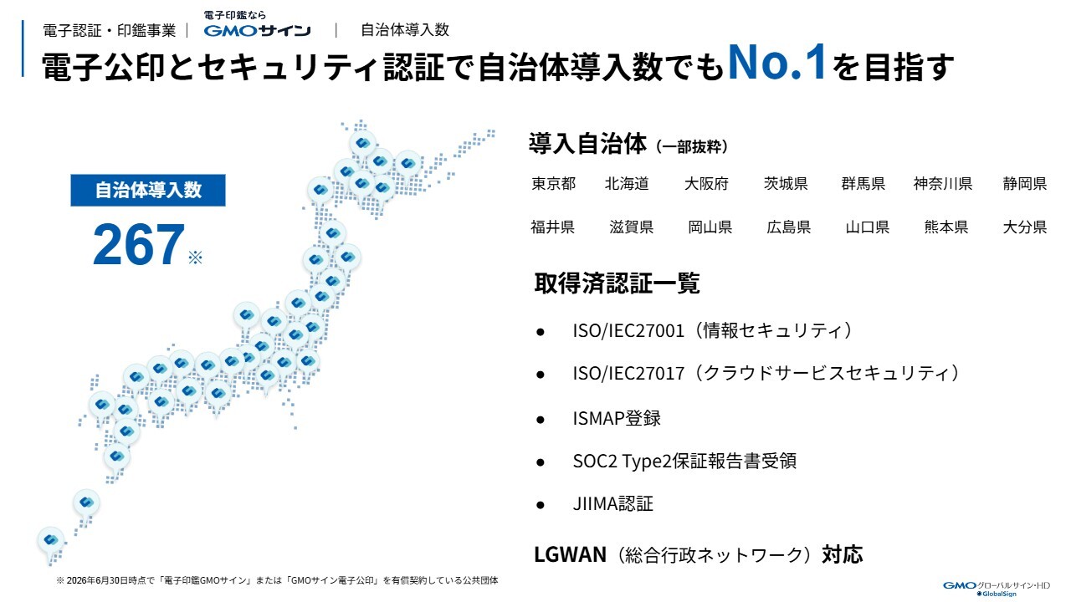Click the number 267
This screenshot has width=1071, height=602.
(x=139, y=245)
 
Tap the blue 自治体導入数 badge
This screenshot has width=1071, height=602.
(x=148, y=190)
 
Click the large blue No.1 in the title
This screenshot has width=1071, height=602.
(x=777, y=62)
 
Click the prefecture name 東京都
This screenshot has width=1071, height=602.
(x=553, y=183)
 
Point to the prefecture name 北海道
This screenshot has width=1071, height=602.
(x=627, y=183)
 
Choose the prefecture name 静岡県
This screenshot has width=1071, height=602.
(x=1025, y=183)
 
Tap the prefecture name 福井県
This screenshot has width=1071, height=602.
(x=552, y=227)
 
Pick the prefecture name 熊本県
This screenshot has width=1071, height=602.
(x=946, y=227)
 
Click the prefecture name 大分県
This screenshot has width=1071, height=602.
(x=1025, y=227)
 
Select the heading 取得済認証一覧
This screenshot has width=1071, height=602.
(x=617, y=283)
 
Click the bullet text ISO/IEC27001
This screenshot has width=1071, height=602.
(x=628, y=330)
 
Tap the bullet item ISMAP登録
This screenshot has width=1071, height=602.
(x=617, y=419)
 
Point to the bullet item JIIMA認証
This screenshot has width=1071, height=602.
(x=613, y=503)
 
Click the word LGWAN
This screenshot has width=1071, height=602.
(x=570, y=554)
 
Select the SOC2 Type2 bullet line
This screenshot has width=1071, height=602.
(x=684, y=461)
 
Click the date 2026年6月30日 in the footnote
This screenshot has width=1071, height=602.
(x=99, y=580)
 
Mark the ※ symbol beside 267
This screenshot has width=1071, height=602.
(x=195, y=258)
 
